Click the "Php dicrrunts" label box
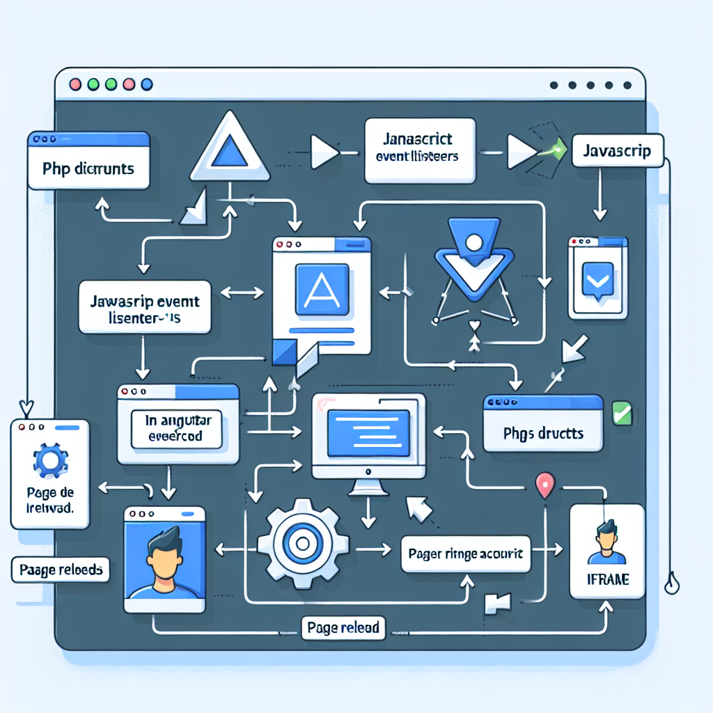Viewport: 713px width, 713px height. click(88, 169)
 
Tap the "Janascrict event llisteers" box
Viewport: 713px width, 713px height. click(419, 150)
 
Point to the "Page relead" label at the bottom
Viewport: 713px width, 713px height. click(343, 628)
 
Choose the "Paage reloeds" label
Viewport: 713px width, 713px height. click(61, 569)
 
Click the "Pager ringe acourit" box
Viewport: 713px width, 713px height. click(466, 554)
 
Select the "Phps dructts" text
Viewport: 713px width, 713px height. click(542, 433)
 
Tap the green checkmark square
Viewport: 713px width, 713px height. click(620, 412)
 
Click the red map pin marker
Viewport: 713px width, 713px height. click(545, 484)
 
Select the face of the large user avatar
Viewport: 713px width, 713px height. click(165, 559)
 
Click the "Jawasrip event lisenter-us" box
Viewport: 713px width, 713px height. click(145, 306)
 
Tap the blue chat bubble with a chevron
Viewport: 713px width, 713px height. click(597, 280)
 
